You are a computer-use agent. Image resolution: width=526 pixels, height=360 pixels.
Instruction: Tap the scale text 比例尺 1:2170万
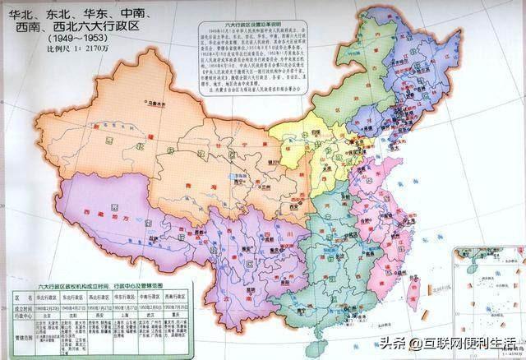click(56, 50)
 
